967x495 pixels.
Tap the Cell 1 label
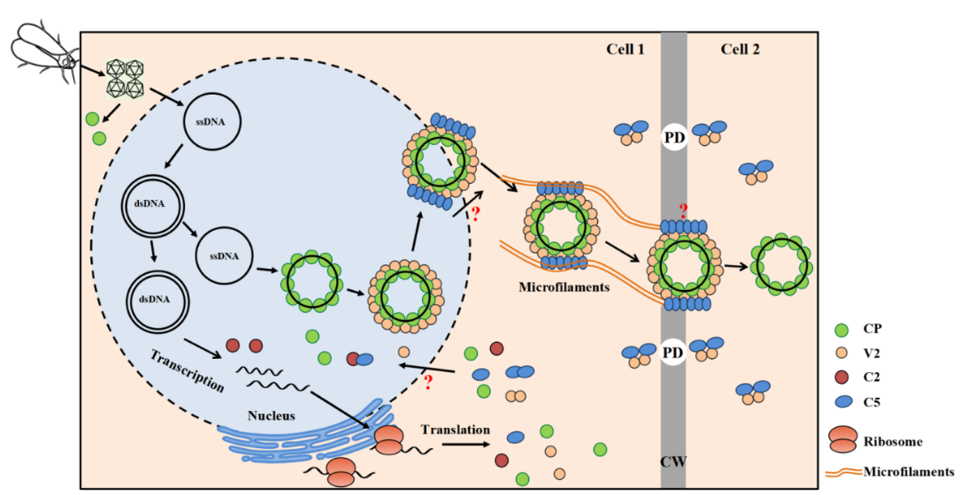pyautogui.click(x=625, y=49)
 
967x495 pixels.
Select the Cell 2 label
pyautogui.click(x=740, y=49)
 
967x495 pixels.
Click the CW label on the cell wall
pyautogui.click(x=673, y=461)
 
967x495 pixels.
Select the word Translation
pyautogui.click(x=455, y=430)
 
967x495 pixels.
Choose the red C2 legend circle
pyautogui.click(x=842, y=377)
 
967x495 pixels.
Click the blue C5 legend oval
pyautogui.click(x=842, y=402)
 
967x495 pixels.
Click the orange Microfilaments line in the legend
pyautogui.click(x=844, y=472)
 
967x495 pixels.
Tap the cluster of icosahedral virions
pyautogui.click(x=123, y=79)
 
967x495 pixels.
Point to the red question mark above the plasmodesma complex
pyautogui.click(x=682, y=210)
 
